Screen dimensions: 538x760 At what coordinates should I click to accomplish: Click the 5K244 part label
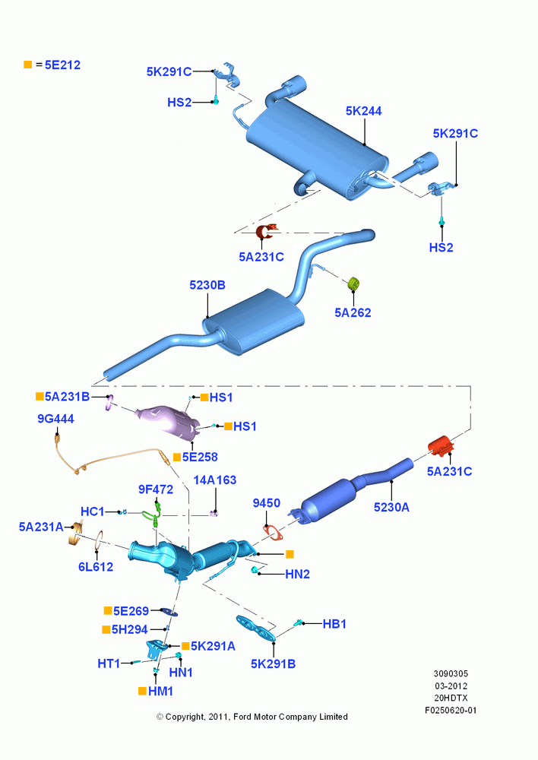[363, 111]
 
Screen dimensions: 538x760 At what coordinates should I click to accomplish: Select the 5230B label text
[207, 285]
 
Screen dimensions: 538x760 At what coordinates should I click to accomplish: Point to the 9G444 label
[55, 418]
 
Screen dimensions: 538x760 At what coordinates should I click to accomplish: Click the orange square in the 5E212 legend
[28, 65]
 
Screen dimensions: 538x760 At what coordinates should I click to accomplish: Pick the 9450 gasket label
[267, 503]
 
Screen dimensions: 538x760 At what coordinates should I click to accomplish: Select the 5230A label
[391, 507]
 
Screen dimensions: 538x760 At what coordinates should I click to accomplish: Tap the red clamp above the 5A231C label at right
[441, 446]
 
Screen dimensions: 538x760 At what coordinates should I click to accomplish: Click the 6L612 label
[96, 567]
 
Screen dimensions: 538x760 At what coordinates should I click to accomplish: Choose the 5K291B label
[274, 663]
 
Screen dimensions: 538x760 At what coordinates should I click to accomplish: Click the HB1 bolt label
[334, 624]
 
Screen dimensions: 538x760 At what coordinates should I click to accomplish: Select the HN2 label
[298, 574]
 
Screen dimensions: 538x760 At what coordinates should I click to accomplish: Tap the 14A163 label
[215, 480]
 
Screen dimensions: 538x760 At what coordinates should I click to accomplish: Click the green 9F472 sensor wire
[153, 514]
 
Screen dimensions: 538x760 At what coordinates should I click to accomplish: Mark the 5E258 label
[200, 457]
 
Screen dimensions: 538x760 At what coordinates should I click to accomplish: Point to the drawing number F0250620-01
[451, 710]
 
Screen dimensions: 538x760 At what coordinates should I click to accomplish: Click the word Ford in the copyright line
[243, 717]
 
